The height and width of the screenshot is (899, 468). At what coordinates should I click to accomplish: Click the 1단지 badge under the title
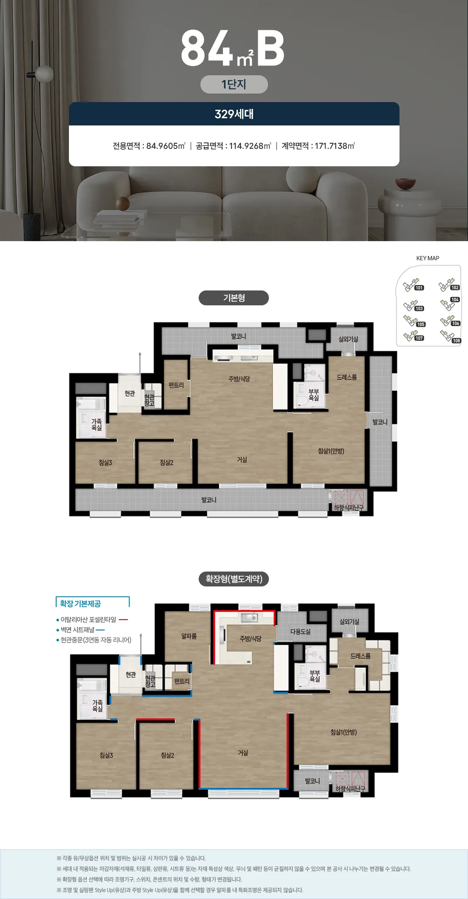pos(234,84)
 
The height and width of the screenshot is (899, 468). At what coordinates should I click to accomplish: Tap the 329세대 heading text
pos(234,114)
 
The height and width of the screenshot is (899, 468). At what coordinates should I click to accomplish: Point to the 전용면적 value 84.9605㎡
pos(166,146)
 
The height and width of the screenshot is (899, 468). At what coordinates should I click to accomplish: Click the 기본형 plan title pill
pos(234,298)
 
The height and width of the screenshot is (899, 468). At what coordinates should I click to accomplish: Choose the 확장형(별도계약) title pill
pos(234,579)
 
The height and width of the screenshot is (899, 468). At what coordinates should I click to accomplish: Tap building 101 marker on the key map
pos(419,288)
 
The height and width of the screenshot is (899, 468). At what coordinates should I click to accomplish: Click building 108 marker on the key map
pos(457,341)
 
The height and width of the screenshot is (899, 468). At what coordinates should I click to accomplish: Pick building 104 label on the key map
pos(455,300)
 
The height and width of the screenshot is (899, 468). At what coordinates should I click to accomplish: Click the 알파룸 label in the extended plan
pos(189,636)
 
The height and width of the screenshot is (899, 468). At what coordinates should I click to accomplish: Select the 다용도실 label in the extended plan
pos(300,632)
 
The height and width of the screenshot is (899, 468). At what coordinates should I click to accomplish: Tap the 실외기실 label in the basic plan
pos(348,339)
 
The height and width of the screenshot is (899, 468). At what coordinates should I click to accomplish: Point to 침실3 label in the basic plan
pos(106,462)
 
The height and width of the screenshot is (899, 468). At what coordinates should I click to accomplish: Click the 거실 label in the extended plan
pos(243,753)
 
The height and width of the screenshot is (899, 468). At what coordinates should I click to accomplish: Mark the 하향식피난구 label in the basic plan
pos(349,508)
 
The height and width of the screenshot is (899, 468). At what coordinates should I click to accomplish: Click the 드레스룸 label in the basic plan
pos(347,377)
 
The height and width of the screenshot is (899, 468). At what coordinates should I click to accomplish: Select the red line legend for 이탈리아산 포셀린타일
pos(123,620)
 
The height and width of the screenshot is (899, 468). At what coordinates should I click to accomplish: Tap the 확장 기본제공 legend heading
pos(80,603)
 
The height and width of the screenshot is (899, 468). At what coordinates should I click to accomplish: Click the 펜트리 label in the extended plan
pos(182,681)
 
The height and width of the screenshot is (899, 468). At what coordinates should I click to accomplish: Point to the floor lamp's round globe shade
pos(44,74)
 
